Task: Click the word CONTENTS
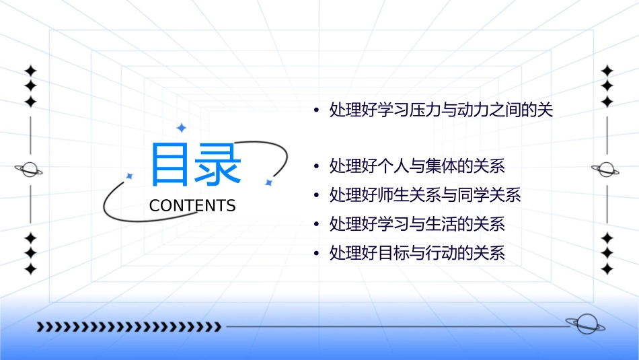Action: [192, 206]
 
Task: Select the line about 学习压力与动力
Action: [441, 110]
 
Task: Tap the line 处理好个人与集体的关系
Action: [417, 166]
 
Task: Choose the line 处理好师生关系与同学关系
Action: [425, 195]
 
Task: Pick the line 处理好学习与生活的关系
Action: [417, 224]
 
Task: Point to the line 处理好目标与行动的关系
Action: [417, 254]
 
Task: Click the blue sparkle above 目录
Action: [181, 128]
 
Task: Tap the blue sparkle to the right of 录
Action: [268, 182]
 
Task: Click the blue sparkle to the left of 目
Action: [130, 176]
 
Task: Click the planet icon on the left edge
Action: [30, 170]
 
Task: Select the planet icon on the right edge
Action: [606, 170]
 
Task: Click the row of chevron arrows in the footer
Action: [128, 327]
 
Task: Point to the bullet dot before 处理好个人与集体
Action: [316, 166]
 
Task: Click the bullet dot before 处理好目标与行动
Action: [316, 254]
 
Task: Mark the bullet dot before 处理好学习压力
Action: [316, 111]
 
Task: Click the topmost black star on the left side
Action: [30, 71]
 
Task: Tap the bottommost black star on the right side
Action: [607, 269]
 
